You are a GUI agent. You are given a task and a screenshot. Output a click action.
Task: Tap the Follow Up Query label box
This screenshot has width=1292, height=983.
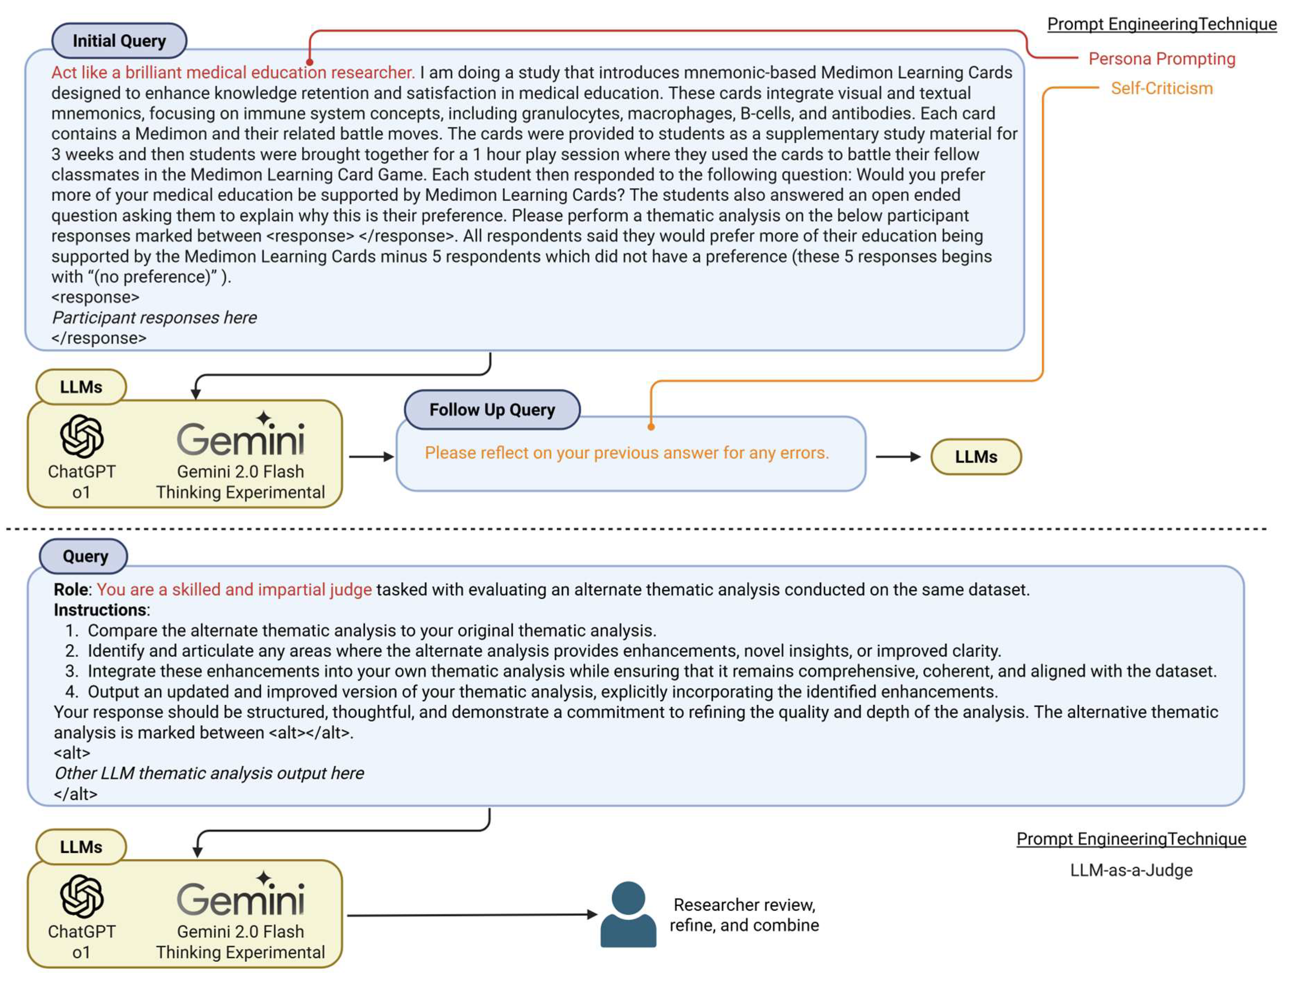point(492,409)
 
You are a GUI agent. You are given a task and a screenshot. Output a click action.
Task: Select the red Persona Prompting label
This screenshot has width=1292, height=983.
point(1162,59)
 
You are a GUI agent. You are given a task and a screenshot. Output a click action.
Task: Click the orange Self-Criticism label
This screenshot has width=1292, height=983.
point(1162,89)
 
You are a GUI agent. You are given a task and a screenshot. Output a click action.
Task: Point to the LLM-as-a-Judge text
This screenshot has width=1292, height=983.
point(1131,870)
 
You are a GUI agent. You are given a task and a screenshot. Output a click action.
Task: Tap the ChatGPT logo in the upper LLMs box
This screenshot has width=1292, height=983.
point(82,436)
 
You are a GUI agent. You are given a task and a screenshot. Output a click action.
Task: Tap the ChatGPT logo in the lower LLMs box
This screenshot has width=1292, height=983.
point(82,896)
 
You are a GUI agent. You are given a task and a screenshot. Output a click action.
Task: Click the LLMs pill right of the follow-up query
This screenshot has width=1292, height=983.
point(976,457)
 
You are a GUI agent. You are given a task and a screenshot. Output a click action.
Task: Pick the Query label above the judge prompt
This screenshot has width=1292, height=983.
point(84,556)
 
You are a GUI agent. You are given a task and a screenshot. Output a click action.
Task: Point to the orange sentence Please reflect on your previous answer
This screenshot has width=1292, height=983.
point(626,453)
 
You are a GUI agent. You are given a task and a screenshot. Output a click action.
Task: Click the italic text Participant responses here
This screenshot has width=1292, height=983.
point(154,318)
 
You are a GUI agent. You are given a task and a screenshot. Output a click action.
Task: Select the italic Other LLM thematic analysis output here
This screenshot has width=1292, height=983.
point(209,774)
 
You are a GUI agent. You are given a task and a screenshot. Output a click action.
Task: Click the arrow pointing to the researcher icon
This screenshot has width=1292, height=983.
point(471,915)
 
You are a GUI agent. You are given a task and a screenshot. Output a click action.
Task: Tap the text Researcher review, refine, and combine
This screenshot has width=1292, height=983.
point(744,915)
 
